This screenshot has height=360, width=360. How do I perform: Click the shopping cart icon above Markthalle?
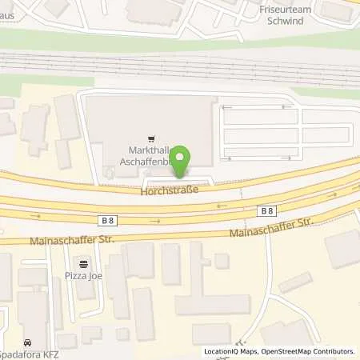(148, 138)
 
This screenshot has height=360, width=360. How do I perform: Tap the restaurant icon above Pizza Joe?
(84, 262)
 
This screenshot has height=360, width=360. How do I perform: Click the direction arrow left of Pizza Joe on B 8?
(34, 216)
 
